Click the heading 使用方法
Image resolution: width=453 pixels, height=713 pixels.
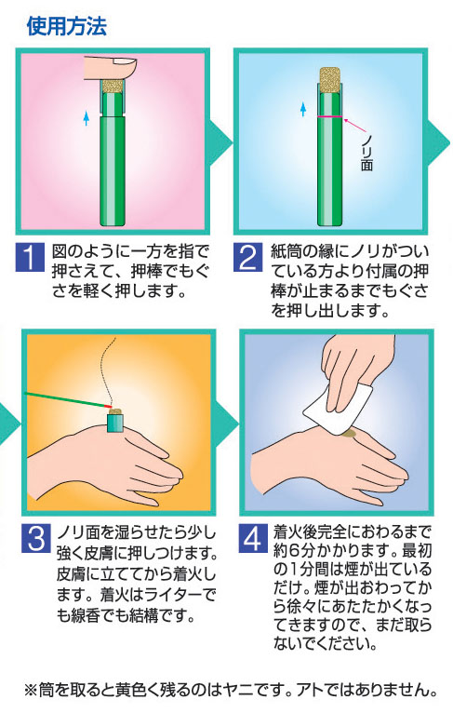tap(66, 25)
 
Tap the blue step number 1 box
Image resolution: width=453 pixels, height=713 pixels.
tap(30, 257)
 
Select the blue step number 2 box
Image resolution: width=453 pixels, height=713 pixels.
tap(247, 257)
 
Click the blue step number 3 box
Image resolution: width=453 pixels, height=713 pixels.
tap(36, 538)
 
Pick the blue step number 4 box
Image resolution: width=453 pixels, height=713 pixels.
tap(253, 538)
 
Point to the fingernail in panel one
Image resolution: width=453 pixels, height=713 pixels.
tap(125, 64)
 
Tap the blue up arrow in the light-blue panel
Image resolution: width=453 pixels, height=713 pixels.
tap(303, 109)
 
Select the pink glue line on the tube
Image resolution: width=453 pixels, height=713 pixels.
tap(330, 117)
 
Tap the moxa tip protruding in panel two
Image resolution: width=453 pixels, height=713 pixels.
tap(330, 79)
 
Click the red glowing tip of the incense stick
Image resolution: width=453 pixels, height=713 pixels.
tap(107, 405)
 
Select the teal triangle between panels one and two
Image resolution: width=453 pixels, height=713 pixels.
tap(220, 142)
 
